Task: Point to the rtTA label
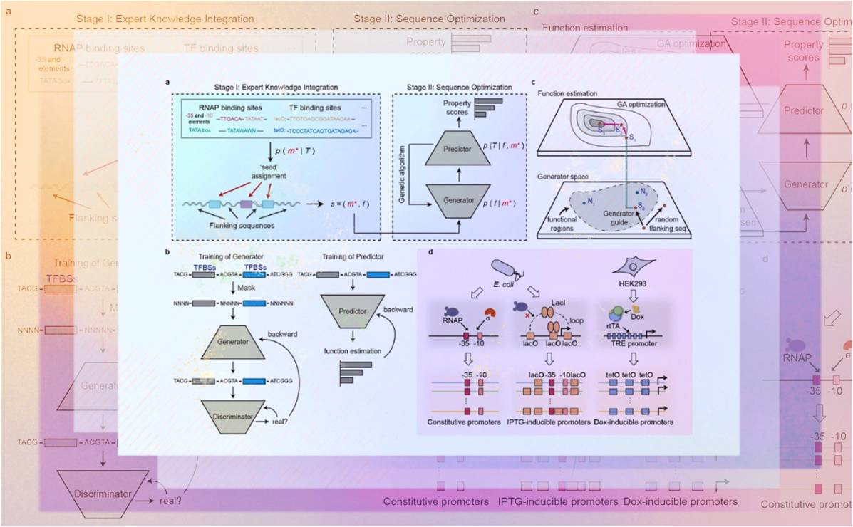click(612, 325)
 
